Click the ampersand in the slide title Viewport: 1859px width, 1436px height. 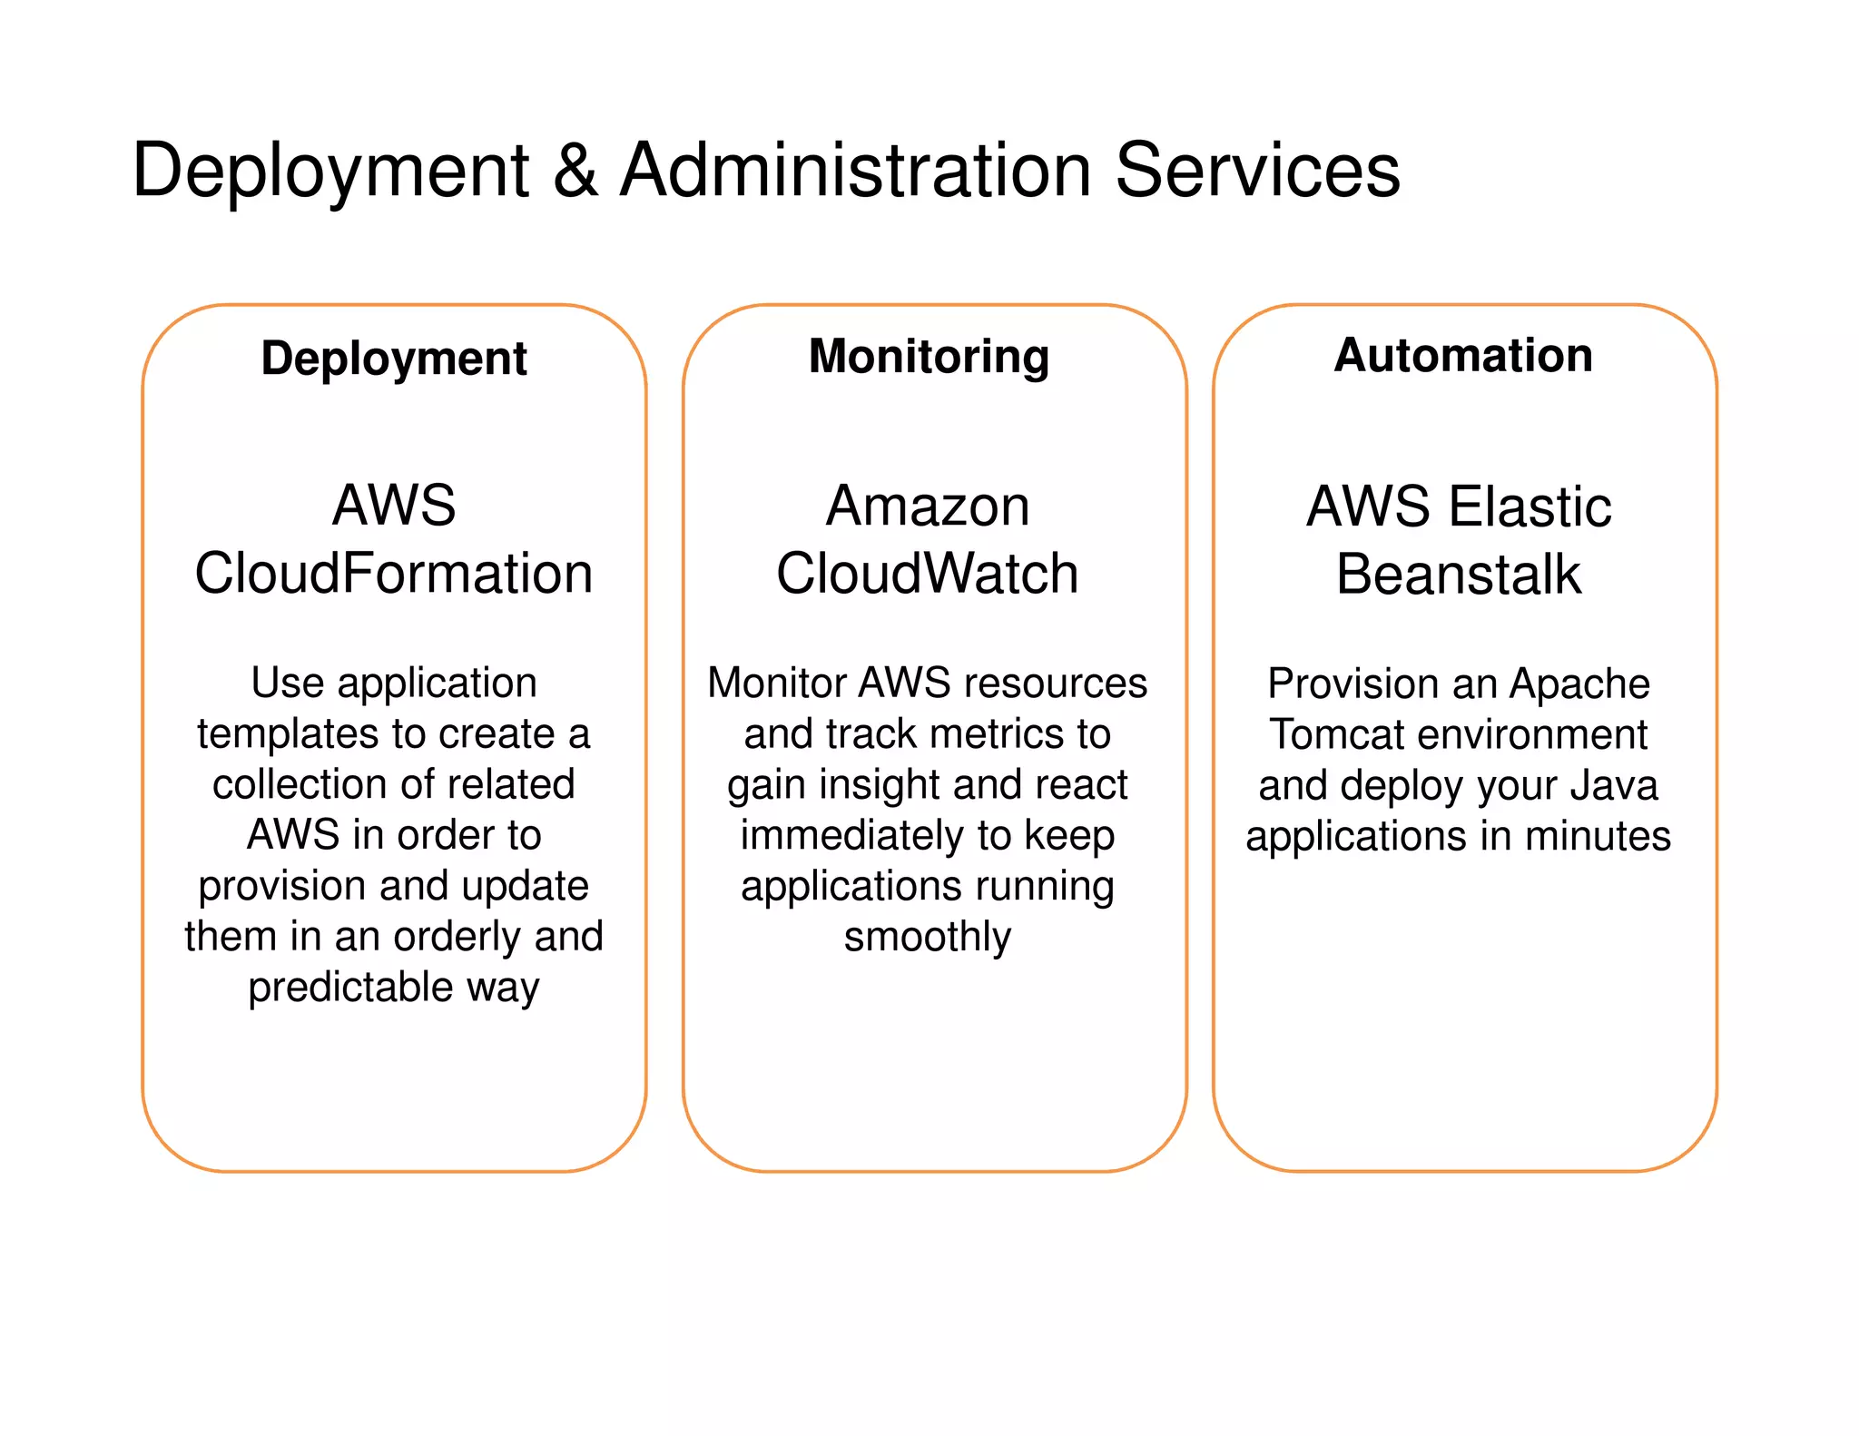point(575,171)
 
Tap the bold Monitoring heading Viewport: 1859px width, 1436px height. point(929,356)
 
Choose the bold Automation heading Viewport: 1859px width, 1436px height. point(1463,355)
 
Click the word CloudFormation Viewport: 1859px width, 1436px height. point(394,574)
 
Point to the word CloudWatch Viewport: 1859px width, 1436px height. point(928,574)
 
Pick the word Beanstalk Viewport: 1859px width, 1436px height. point(1458,575)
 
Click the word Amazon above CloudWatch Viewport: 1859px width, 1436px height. point(928,507)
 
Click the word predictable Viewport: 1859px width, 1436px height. point(350,988)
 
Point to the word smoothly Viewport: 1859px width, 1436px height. point(927,937)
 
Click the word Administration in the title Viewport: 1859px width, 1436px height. point(855,171)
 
